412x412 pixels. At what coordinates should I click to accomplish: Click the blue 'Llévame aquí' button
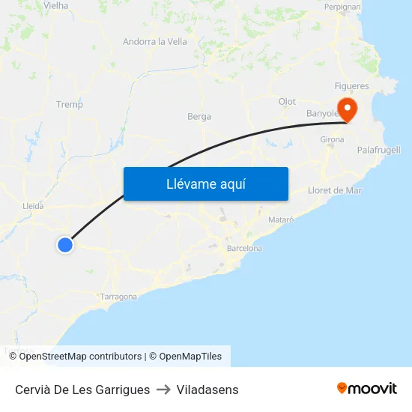coord(205,184)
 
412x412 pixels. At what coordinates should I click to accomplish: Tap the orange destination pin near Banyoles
coord(348,110)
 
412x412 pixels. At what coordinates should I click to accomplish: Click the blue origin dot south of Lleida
coord(65,244)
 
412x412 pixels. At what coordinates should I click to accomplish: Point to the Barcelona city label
coord(244,248)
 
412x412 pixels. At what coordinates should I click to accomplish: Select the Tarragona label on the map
coord(118,297)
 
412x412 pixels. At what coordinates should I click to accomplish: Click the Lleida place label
coord(34,206)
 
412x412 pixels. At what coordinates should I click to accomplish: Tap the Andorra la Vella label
coord(155,42)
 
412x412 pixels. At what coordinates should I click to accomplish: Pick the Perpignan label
coord(342,7)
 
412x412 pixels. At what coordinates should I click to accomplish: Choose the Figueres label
coord(351,86)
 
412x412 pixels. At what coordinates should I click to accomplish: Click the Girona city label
coord(332,140)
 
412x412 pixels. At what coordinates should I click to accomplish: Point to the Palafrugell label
coord(378,150)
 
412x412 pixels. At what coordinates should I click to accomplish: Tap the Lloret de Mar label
coord(335,190)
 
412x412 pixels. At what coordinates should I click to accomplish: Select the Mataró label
coord(281,219)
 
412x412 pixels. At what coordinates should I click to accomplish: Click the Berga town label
coord(199,117)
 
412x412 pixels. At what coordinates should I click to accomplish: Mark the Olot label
coord(287,102)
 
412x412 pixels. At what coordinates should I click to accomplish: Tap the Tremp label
coord(70,105)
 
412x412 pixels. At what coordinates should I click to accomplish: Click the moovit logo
coord(367,389)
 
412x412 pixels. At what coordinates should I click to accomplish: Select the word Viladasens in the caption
coord(207,390)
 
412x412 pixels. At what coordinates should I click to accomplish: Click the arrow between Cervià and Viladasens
coord(163,390)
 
